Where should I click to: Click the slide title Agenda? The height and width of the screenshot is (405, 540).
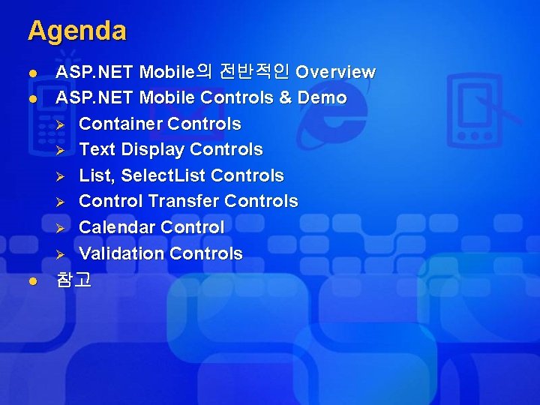[77, 31]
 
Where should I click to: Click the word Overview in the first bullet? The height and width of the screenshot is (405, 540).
[335, 72]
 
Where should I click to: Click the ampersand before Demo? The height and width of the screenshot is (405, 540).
[286, 97]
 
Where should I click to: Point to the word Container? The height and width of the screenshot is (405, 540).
[121, 124]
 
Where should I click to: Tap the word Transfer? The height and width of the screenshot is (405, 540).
[184, 201]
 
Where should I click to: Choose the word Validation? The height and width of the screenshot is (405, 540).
[121, 253]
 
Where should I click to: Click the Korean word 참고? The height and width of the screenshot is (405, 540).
[73, 280]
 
